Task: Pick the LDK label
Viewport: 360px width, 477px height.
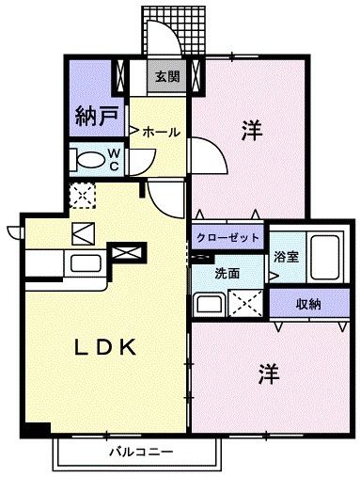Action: coord(106,347)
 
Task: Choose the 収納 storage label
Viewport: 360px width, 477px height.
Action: coord(308,304)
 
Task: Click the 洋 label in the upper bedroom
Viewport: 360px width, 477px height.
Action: coord(249,130)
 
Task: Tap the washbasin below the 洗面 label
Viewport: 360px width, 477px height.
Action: coord(206,305)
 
